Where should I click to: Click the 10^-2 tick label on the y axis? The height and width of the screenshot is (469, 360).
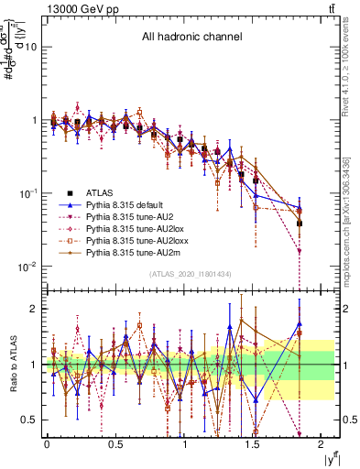[x=28, y=267]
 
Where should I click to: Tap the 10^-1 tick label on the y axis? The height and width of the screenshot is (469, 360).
[x=28, y=193]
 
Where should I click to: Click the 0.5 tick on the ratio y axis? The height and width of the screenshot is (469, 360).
[x=29, y=420]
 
